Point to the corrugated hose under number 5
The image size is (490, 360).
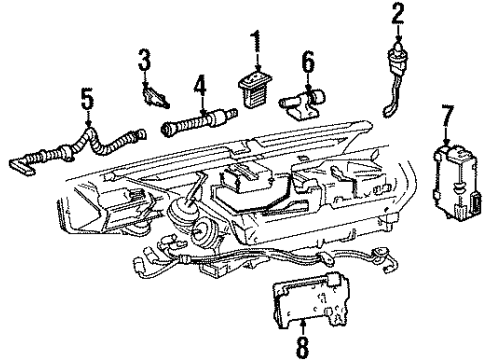pos(70,151)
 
